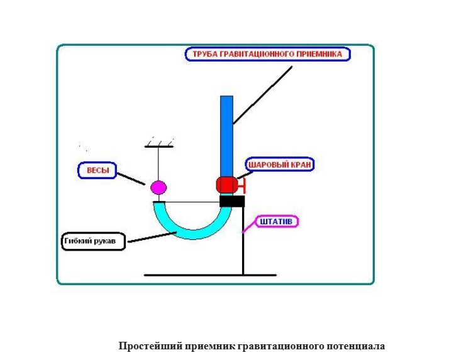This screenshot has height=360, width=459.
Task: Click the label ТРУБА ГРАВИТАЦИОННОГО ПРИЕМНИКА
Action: click(268, 54)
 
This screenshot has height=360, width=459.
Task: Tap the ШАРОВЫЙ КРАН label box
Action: click(279, 165)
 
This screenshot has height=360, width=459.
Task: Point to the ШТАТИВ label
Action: click(277, 222)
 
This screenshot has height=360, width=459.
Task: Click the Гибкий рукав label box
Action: click(94, 241)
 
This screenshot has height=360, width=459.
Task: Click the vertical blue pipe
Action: click(226, 135)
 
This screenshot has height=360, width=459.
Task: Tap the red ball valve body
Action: click(226, 185)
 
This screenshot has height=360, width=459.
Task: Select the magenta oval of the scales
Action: click(158, 187)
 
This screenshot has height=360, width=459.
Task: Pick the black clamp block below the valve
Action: click(231, 201)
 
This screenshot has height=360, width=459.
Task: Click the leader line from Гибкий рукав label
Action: click(151, 236)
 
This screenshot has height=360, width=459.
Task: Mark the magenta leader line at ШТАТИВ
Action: click(250, 226)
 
